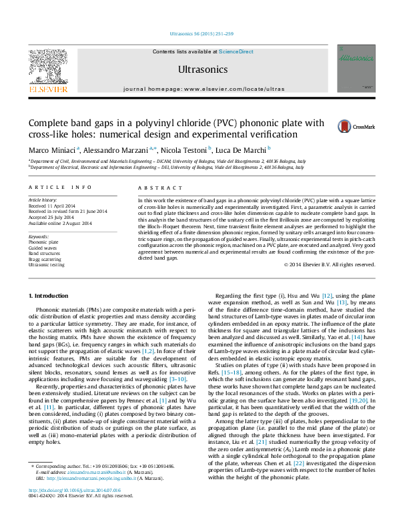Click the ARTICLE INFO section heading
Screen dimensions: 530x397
(x=60, y=188)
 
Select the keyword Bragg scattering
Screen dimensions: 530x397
(x=45, y=260)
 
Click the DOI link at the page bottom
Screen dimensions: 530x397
(x=65, y=508)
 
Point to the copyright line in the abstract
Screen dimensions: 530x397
(x=329, y=265)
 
